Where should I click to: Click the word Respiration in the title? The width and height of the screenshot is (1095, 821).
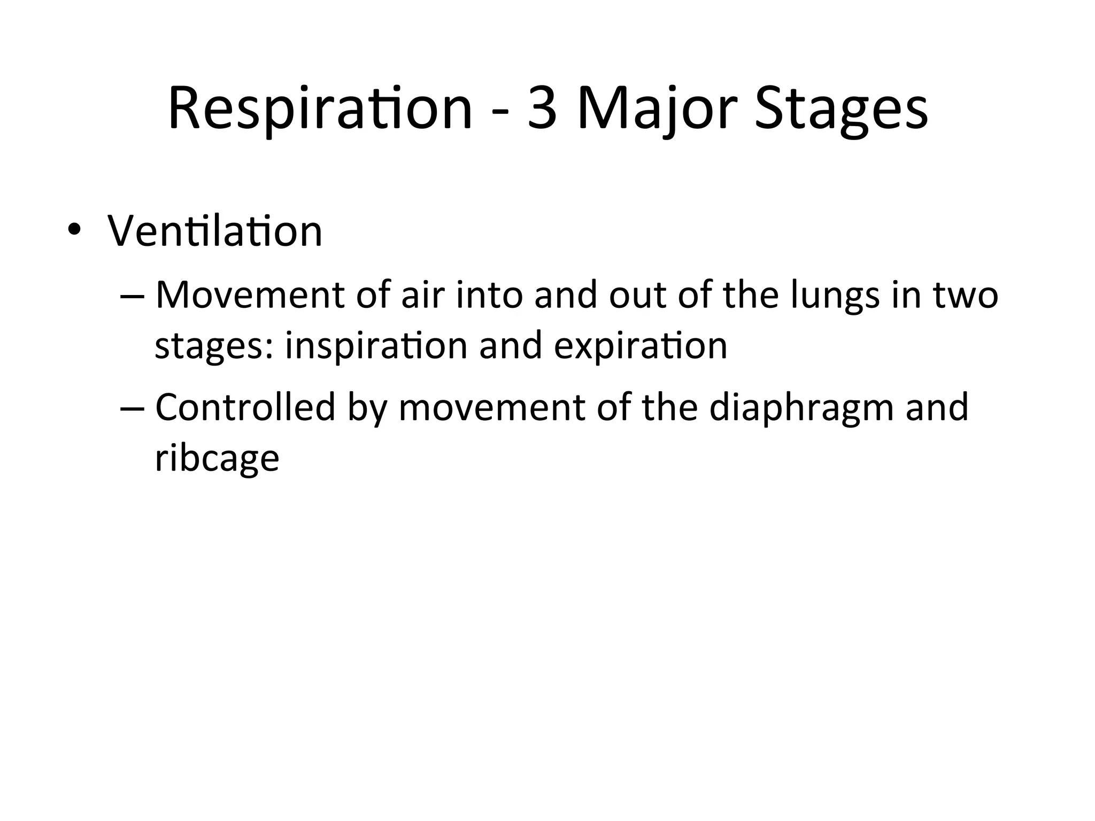point(320,110)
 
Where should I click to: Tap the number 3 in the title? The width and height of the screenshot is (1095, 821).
point(543,110)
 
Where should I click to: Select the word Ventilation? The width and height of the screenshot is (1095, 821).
point(215,231)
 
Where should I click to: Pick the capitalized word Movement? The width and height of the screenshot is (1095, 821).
point(250,295)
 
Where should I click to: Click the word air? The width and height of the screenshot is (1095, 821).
point(423,295)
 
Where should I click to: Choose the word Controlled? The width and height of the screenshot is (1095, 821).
point(245,407)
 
